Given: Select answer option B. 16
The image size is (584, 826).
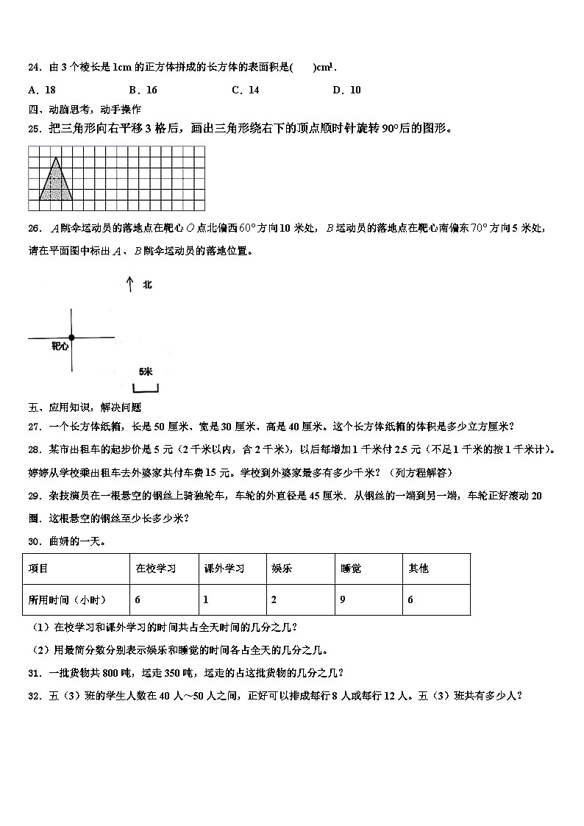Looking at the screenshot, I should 143,90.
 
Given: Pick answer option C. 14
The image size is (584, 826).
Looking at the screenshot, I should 245,90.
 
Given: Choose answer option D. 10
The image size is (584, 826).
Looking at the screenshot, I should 346,90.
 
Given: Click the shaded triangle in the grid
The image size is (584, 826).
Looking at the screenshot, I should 56,184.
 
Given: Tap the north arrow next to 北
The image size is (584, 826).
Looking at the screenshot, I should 129,284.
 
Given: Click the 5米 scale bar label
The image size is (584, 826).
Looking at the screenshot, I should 145,372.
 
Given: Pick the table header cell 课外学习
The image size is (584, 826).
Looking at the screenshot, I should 224,568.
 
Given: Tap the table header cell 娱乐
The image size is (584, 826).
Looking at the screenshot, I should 281,568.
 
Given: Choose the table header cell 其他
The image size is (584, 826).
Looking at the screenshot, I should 418,568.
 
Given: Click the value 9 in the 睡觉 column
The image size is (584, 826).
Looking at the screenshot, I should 343,599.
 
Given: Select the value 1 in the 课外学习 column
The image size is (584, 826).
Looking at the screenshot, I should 207,599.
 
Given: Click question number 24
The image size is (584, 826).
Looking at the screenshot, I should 34,68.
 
